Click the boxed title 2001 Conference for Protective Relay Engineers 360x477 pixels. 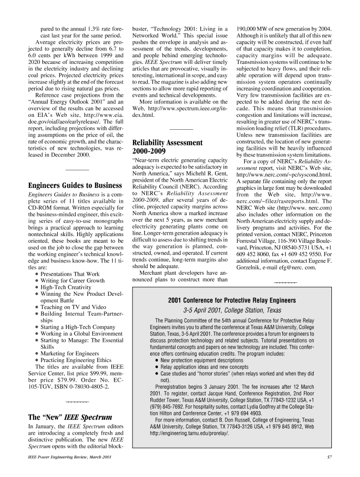[231, 300]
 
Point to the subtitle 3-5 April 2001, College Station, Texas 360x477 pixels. [231, 310]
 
